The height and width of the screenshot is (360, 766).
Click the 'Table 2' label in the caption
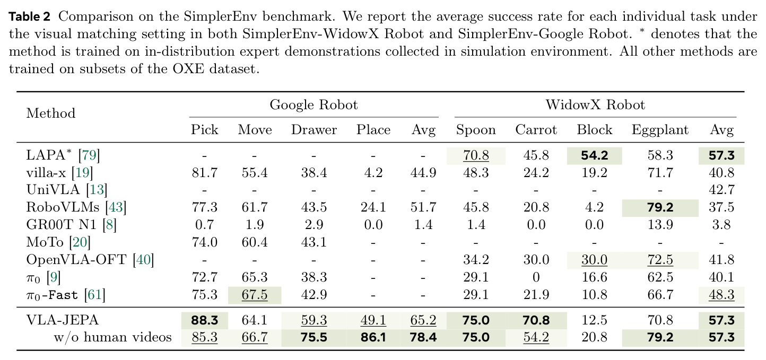(29, 16)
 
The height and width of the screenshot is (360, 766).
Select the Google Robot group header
(314, 104)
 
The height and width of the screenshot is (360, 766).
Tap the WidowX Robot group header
(595, 104)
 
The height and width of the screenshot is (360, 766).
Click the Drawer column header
(314, 129)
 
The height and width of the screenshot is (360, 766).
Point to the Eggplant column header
(660, 130)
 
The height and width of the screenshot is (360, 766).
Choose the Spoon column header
(476, 130)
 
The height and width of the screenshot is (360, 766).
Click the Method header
(51, 113)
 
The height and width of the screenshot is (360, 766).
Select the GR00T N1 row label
(71, 225)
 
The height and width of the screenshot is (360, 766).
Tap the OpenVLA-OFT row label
(90, 260)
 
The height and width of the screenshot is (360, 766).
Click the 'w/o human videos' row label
(112, 337)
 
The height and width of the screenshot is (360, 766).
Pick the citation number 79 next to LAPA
(89, 155)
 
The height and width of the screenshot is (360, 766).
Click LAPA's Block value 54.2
(594, 155)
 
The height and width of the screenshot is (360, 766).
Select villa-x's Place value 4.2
(373, 173)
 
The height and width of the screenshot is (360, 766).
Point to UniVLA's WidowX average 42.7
(721, 190)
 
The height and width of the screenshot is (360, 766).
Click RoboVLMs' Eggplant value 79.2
(660, 207)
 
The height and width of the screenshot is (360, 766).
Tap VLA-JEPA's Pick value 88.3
(204, 320)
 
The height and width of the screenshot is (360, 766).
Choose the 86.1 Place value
(373, 337)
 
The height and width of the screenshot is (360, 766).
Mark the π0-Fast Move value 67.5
(255, 295)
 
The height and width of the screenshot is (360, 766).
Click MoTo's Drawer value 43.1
(314, 242)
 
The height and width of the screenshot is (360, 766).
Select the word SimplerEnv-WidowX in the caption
(333, 34)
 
